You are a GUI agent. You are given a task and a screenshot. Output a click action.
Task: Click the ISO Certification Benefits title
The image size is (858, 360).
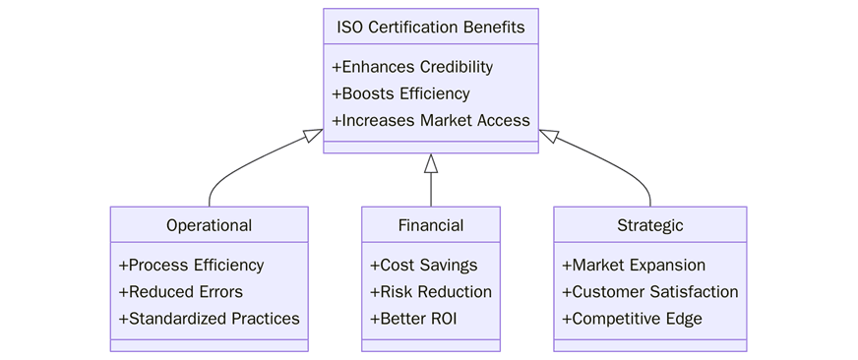click(430, 26)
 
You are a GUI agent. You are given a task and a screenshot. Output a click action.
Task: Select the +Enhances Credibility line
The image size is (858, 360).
click(412, 68)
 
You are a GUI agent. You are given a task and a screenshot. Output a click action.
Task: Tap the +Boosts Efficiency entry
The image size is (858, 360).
click(400, 94)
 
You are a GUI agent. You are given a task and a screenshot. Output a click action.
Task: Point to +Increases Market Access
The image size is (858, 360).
click(430, 121)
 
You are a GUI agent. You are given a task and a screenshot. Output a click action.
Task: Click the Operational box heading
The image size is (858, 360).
click(209, 225)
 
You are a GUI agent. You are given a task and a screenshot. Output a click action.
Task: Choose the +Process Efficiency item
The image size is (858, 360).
click(191, 266)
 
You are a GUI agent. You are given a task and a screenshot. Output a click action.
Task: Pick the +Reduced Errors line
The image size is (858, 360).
click(180, 292)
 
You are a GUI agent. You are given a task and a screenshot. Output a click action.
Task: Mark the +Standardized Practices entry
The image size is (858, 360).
click(209, 319)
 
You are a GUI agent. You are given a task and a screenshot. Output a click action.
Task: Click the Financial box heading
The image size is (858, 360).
click(430, 225)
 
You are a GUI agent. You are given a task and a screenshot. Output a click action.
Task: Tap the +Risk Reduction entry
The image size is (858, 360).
click(430, 292)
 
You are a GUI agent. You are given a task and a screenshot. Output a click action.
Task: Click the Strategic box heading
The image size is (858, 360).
click(649, 225)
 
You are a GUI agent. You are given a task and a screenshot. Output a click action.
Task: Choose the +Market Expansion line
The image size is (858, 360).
click(634, 266)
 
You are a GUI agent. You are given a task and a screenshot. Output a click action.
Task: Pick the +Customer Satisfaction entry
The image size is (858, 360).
click(649, 292)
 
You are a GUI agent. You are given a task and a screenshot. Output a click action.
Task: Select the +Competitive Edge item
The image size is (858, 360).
click(632, 319)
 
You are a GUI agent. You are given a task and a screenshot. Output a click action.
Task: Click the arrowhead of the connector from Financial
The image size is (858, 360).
click(430, 163)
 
